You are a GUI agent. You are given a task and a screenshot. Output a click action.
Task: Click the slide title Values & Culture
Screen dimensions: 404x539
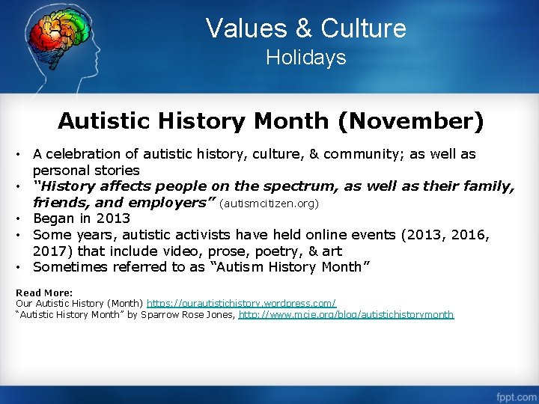[305, 28]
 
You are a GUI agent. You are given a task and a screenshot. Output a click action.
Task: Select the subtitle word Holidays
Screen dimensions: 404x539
[305, 58]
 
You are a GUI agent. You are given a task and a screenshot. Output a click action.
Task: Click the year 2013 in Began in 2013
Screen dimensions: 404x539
[114, 218]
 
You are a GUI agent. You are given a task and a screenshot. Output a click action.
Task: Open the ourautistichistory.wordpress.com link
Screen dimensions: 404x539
[241, 304]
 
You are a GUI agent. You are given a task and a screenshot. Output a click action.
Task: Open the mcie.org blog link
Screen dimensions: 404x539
[346, 315]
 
